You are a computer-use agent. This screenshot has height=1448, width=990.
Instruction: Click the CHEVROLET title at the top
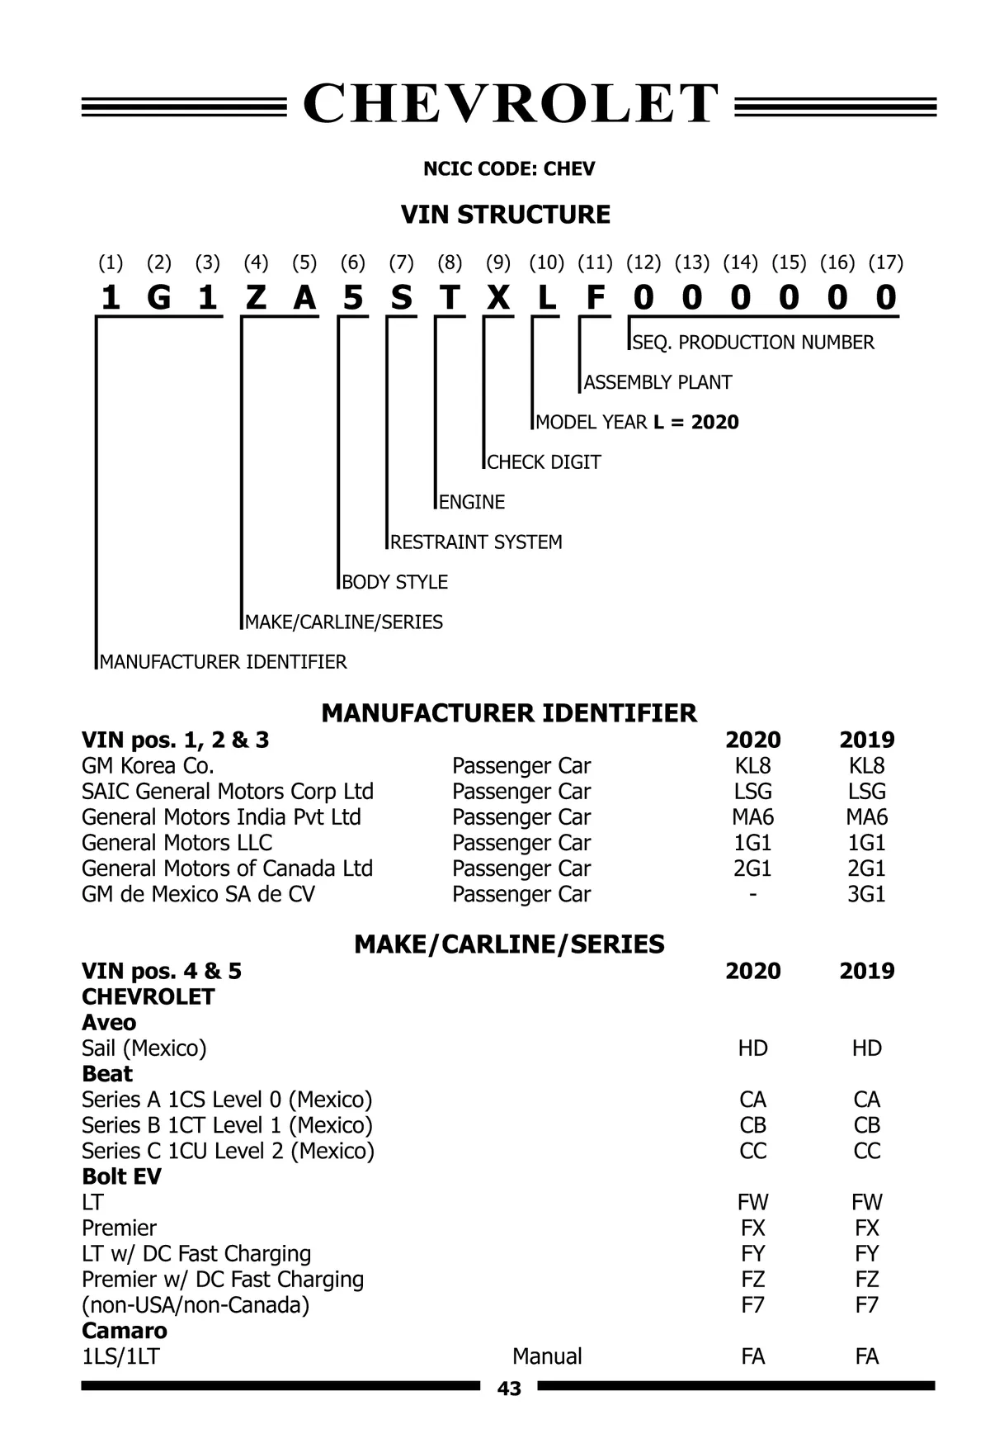(510, 105)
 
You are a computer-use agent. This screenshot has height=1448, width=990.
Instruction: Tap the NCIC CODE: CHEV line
(508, 169)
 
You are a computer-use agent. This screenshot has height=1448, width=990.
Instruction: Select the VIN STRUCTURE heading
(505, 215)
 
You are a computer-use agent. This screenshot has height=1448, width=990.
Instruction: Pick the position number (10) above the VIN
(546, 263)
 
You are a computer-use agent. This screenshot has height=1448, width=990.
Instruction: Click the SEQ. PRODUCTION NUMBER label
(752, 343)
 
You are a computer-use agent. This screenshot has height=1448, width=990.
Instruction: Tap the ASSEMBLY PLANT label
(658, 382)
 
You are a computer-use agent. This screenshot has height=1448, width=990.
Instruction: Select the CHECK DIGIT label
(544, 462)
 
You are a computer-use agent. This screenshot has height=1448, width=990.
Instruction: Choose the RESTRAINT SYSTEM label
(476, 542)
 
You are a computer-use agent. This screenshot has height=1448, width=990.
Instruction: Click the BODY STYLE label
(394, 582)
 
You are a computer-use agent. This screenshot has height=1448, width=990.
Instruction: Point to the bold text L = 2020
(695, 423)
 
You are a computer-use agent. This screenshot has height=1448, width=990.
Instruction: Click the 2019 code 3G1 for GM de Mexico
(866, 894)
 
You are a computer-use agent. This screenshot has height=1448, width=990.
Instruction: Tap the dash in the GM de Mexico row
(752, 894)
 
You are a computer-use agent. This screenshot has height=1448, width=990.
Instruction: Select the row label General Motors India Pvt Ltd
(221, 817)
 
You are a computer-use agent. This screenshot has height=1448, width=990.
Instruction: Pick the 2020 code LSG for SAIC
(752, 792)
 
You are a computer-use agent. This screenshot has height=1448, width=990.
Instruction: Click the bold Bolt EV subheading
(121, 1176)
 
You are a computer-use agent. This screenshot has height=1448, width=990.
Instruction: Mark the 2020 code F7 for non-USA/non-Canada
(752, 1305)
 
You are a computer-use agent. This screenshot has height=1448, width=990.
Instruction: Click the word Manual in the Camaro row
(547, 1356)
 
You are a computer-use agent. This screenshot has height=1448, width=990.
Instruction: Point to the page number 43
(509, 1389)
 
